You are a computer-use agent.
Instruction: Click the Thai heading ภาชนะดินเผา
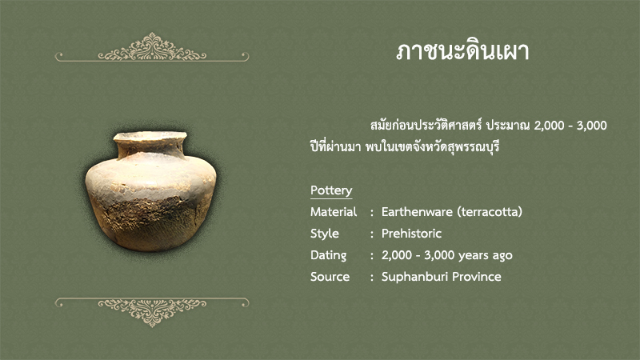click(x=462, y=52)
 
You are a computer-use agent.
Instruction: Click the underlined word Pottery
click(x=331, y=190)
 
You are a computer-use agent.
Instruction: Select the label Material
click(x=334, y=212)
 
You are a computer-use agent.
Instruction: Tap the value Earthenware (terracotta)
click(x=452, y=212)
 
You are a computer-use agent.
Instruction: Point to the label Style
click(x=325, y=234)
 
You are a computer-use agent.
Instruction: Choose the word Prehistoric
click(x=411, y=234)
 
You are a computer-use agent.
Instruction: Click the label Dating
click(x=328, y=255)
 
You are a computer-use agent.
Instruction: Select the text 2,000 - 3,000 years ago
click(x=447, y=255)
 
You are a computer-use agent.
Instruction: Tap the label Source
click(x=330, y=277)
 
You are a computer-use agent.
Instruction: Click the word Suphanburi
click(x=414, y=277)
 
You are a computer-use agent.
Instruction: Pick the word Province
click(x=477, y=277)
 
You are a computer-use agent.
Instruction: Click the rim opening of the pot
click(x=150, y=136)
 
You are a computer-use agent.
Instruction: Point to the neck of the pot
click(x=151, y=150)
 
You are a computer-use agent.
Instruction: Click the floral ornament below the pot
click(x=152, y=312)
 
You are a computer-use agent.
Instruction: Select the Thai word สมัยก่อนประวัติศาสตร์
click(x=426, y=125)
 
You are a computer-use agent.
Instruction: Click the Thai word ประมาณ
click(x=508, y=126)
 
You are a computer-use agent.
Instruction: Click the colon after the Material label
click(x=372, y=213)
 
